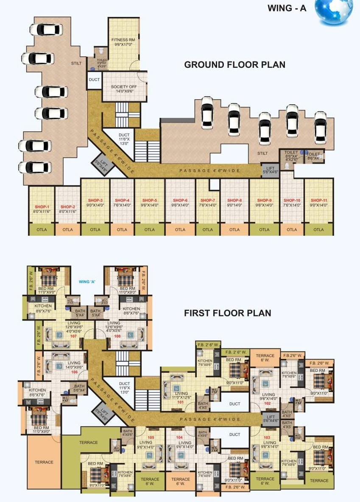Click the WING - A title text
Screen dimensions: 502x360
click(x=287, y=8)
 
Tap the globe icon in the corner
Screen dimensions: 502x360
click(x=334, y=12)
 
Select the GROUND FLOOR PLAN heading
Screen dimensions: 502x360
click(x=234, y=65)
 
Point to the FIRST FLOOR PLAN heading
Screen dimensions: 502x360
click(x=227, y=313)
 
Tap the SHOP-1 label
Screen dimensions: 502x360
click(x=42, y=206)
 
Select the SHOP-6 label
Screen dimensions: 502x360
click(x=180, y=200)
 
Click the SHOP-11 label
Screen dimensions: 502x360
click(x=318, y=200)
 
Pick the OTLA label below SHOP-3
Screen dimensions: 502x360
click(x=95, y=230)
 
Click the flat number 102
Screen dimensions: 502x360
click(x=268, y=403)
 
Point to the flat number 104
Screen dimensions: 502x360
click(x=179, y=437)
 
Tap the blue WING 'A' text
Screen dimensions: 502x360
click(x=87, y=282)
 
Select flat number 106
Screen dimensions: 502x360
click(x=74, y=372)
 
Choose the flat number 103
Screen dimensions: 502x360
click(x=267, y=437)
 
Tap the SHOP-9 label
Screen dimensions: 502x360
click(x=264, y=200)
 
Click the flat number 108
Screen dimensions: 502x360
click(x=117, y=336)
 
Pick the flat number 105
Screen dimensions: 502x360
click(x=151, y=437)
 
